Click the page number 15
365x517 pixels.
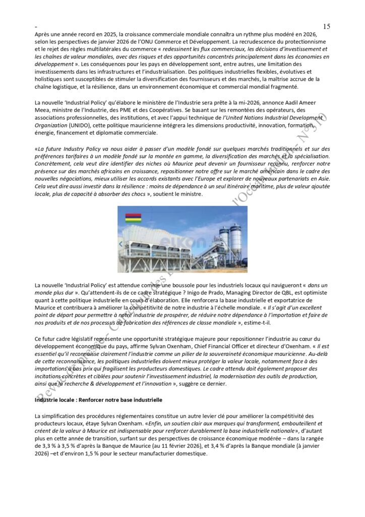pos(326,26)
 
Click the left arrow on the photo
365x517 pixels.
pos(120,243)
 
